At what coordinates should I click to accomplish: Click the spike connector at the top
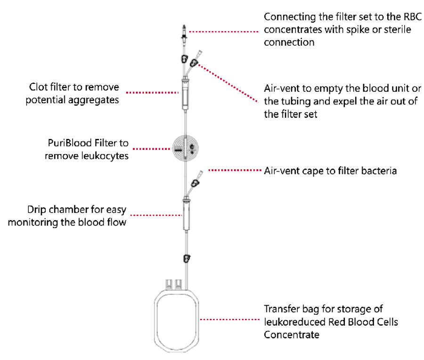coord(184,33)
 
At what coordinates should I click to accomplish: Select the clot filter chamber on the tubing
coord(185,95)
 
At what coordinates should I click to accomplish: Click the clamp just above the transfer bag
coord(187,258)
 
